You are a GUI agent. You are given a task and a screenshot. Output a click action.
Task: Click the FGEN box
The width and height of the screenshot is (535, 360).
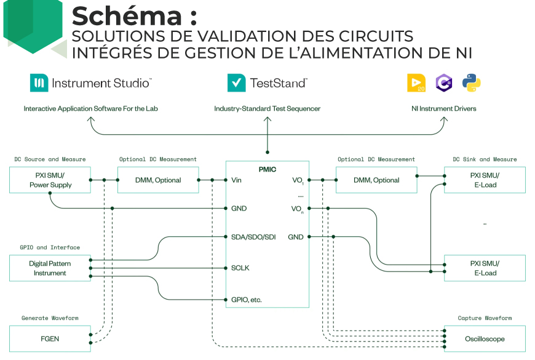(x=50, y=338)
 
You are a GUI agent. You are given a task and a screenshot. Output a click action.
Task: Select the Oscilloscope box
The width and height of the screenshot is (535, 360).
(x=485, y=338)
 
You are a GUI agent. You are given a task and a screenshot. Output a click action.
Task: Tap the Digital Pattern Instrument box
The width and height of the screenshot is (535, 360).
(x=50, y=268)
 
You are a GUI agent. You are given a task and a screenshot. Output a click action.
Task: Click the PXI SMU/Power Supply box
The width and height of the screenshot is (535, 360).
(x=50, y=180)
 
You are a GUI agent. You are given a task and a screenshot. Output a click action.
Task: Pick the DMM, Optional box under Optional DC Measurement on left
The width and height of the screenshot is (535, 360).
(x=158, y=180)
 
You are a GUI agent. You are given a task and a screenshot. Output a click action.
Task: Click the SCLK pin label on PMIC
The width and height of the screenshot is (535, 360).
(x=240, y=268)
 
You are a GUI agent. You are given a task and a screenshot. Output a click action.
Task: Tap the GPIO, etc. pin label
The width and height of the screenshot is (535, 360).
(x=246, y=300)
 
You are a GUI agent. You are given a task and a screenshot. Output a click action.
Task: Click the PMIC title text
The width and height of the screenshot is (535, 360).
(x=267, y=167)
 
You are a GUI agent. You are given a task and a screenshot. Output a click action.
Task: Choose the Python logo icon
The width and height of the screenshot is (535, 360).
(x=472, y=83)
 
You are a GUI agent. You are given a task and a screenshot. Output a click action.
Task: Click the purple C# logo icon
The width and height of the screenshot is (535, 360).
(x=444, y=83)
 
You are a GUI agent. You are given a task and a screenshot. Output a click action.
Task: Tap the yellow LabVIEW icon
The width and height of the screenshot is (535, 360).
(x=416, y=83)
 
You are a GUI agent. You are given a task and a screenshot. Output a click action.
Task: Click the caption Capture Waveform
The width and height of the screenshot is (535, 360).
(x=485, y=318)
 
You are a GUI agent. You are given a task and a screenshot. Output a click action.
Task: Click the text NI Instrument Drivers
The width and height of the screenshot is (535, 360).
(x=443, y=109)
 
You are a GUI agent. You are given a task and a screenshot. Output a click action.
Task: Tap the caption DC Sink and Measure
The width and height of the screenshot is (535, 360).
(x=485, y=159)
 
